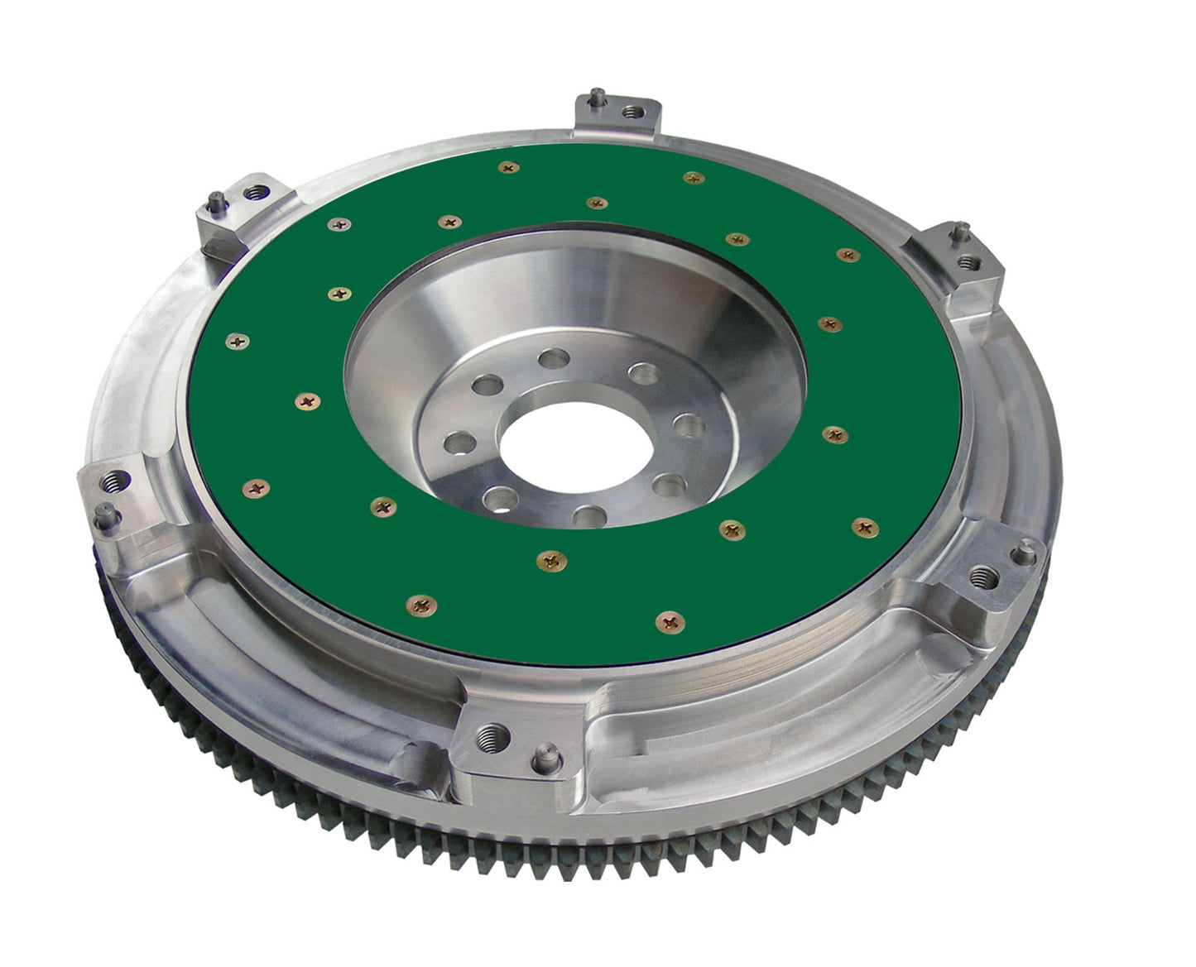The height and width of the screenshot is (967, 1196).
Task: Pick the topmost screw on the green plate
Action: coord(509,168)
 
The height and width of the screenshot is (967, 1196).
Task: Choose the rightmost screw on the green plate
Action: coord(864,526)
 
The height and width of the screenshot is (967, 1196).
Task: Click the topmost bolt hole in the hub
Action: coord(548,359)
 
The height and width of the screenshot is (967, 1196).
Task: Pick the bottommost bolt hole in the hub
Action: coord(588,516)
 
